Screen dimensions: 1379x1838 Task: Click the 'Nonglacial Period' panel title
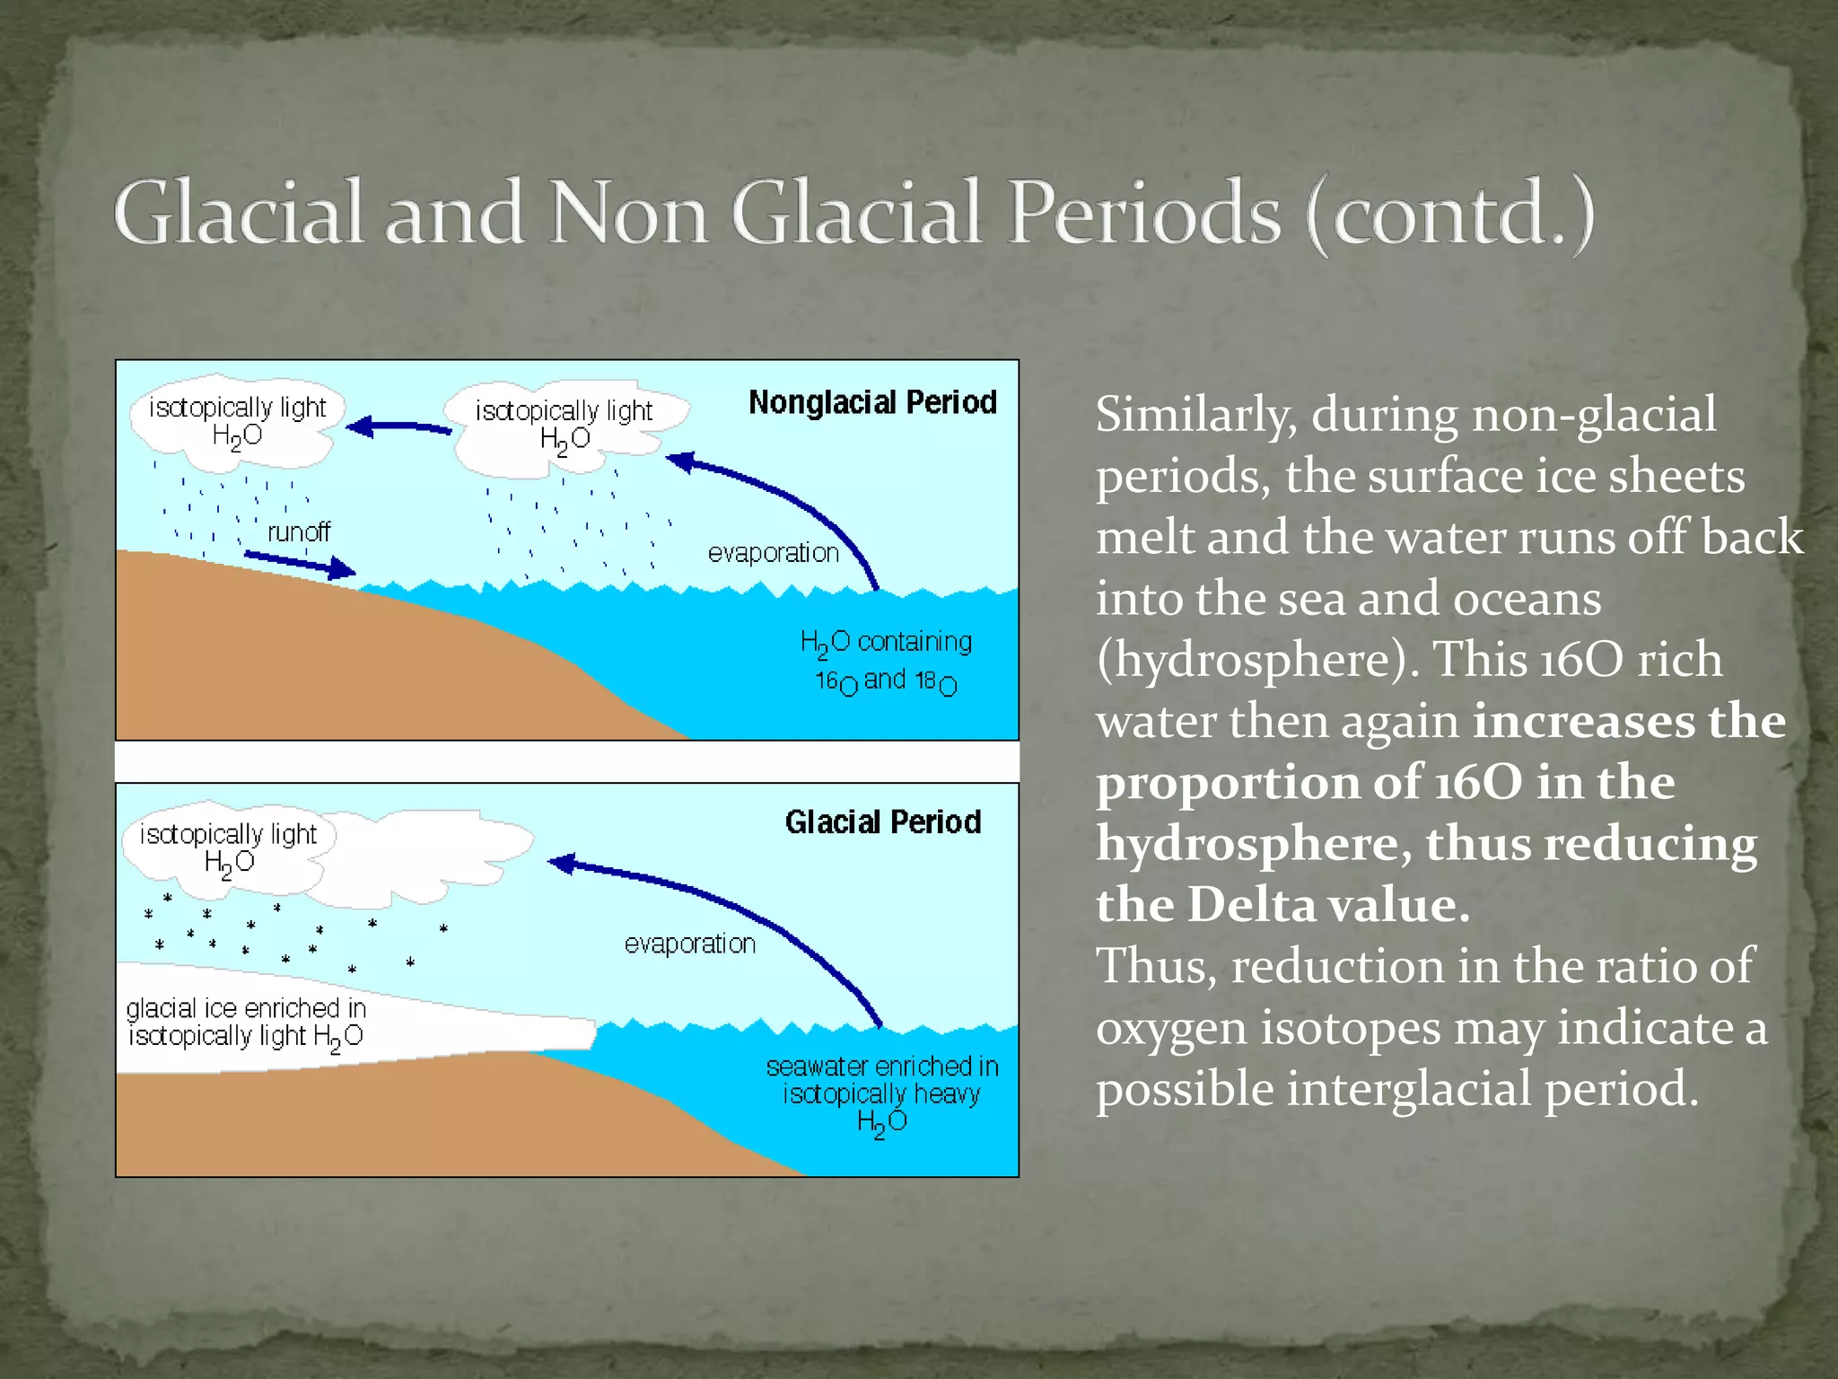pos(872,402)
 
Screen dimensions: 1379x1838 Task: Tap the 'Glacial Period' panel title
pos(883,821)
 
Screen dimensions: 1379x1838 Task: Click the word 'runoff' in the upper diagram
pos(299,532)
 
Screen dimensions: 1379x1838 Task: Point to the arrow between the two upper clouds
pos(398,427)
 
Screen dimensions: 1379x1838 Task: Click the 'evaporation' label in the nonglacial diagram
pos(774,553)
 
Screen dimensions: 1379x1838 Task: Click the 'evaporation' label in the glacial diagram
pos(690,944)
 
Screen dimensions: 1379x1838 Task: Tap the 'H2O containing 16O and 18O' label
pos(886,662)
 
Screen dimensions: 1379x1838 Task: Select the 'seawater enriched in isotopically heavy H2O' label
pos(882,1094)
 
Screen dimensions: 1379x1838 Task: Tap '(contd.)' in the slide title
pos(1449,215)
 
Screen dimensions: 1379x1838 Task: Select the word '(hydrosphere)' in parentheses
pos(1256,660)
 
